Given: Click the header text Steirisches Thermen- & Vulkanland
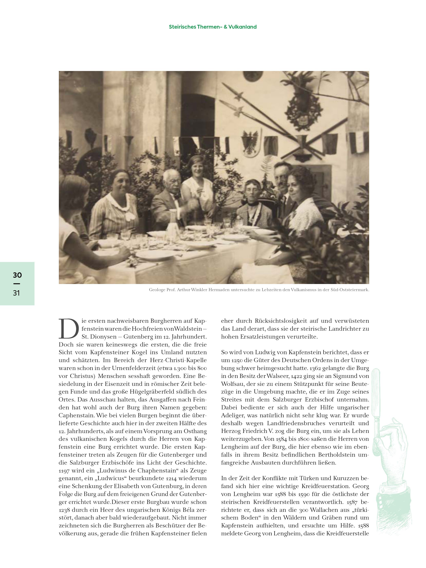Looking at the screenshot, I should pos(213,27).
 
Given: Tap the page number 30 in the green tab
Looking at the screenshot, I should pos(17,275).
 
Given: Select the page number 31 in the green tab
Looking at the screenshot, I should pos(16,293).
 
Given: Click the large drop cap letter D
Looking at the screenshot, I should pos(68,329).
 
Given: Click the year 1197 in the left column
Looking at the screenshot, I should pos(64,471).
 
